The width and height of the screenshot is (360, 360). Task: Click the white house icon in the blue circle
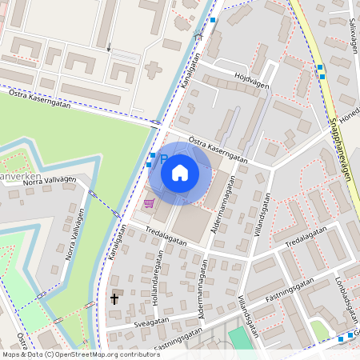tap(180, 172)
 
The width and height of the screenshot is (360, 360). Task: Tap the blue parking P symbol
tap(163, 159)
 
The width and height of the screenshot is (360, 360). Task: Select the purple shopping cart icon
tap(149, 203)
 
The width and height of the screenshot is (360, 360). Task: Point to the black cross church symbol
tap(114, 298)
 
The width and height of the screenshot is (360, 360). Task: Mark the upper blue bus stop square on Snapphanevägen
tap(320, 67)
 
